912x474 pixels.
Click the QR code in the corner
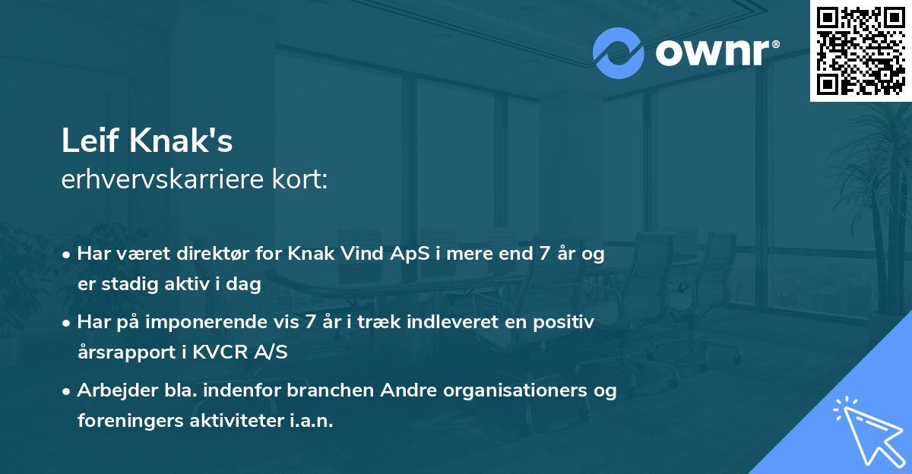[861, 51]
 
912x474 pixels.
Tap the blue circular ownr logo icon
[618, 53]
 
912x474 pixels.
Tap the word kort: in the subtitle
[302, 180]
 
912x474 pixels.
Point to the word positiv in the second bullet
[564, 322]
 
